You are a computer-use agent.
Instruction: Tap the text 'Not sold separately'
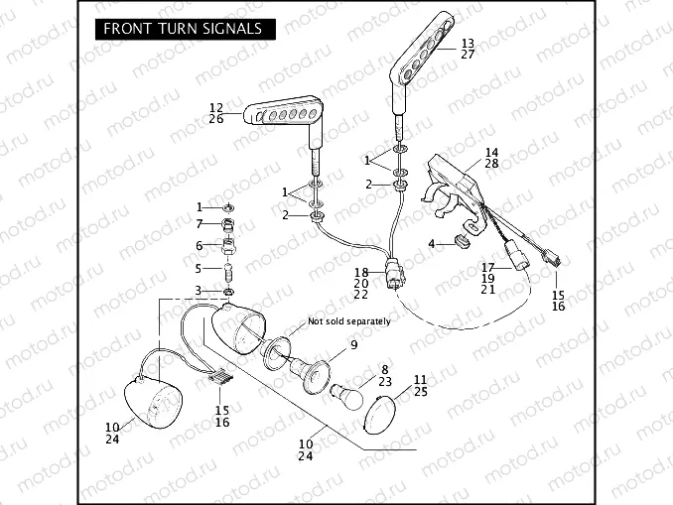click(348, 321)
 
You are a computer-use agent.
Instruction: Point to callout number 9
click(352, 345)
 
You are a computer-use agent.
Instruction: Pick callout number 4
click(432, 243)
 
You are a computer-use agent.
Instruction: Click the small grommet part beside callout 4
click(461, 240)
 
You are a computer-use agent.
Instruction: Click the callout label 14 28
click(491, 158)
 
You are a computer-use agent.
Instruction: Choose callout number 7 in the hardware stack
click(199, 224)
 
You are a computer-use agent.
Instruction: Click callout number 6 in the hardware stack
click(199, 246)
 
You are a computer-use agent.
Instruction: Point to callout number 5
click(199, 268)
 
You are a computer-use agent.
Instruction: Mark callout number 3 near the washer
click(199, 290)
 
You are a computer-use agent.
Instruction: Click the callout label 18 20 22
click(362, 283)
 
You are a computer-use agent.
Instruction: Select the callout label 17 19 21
click(487, 279)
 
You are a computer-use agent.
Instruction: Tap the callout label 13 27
click(468, 49)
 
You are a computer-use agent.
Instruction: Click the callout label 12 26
click(216, 113)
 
